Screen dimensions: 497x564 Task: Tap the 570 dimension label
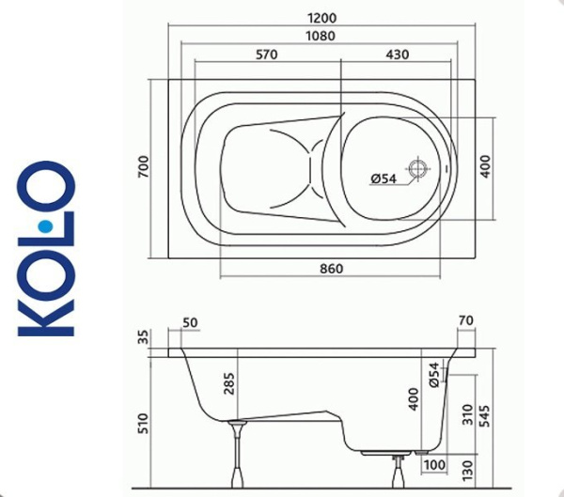pyautogui.click(x=266, y=54)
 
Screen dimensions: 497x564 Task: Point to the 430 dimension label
pyautogui.click(x=397, y=54)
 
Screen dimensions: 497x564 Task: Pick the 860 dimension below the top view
pyautogui.click(x=331, y=269)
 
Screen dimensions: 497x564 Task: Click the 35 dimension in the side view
pyautogui.click(x=142, y=338)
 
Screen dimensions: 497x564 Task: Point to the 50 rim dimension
pyautogui.click(x=191, y=322)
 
